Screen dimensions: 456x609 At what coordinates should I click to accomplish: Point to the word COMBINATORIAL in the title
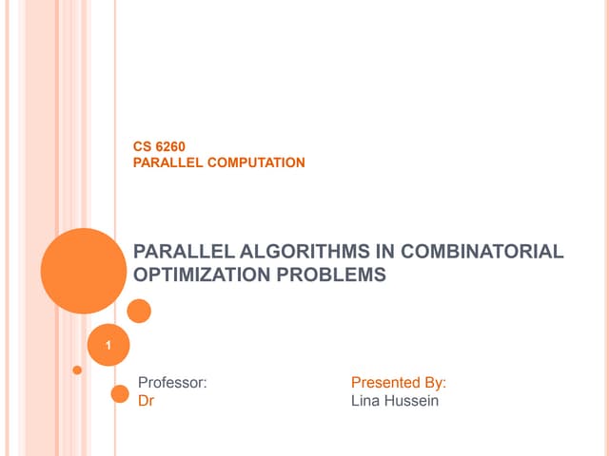coord(482,252)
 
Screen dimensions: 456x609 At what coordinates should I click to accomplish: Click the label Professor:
coord(172,383)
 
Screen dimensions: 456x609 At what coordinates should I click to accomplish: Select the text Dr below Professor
coord(147,401)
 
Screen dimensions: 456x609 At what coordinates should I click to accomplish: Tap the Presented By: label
coord(399,383)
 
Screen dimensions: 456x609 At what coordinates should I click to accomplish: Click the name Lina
coord(367,401)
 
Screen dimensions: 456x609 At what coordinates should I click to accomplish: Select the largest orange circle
coord(84,270)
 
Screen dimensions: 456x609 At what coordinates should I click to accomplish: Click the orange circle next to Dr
coord(120,394)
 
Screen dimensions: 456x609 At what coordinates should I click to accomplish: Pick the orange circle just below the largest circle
coord(139,311)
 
